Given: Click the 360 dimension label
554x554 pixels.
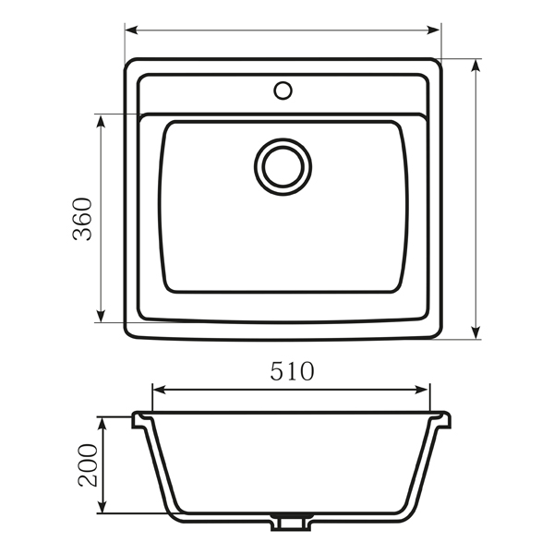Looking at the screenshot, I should click(x=83, y=219).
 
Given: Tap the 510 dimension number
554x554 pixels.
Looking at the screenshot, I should click(x=292, y=371).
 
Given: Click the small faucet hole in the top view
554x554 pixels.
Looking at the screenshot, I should click(x=283, y=90).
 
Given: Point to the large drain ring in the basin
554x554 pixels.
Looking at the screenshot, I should click(x=283, y=166).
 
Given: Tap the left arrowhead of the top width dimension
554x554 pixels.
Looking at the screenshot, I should click(x=130, y=30).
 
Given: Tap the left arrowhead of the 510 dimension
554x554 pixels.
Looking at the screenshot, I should click(x=157, y=390).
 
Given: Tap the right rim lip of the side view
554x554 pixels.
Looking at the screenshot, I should click(x=445, y=421).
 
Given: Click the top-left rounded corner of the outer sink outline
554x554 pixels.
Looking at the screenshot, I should click(x=130, y=66).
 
